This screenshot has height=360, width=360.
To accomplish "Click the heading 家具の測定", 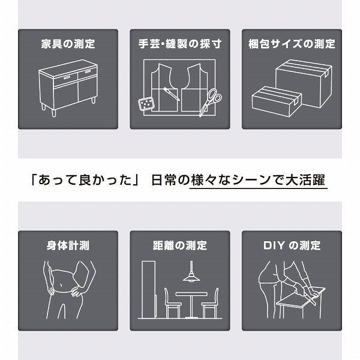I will pos(68,44).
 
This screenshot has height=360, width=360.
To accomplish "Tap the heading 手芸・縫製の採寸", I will pos(180,44).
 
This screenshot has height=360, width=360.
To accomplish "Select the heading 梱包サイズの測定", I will pos(292,44).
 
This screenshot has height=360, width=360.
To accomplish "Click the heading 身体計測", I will pos(68,245).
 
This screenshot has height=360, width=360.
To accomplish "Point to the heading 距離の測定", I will pos(180,245).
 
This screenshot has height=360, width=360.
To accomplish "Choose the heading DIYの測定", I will pos(292,245).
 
